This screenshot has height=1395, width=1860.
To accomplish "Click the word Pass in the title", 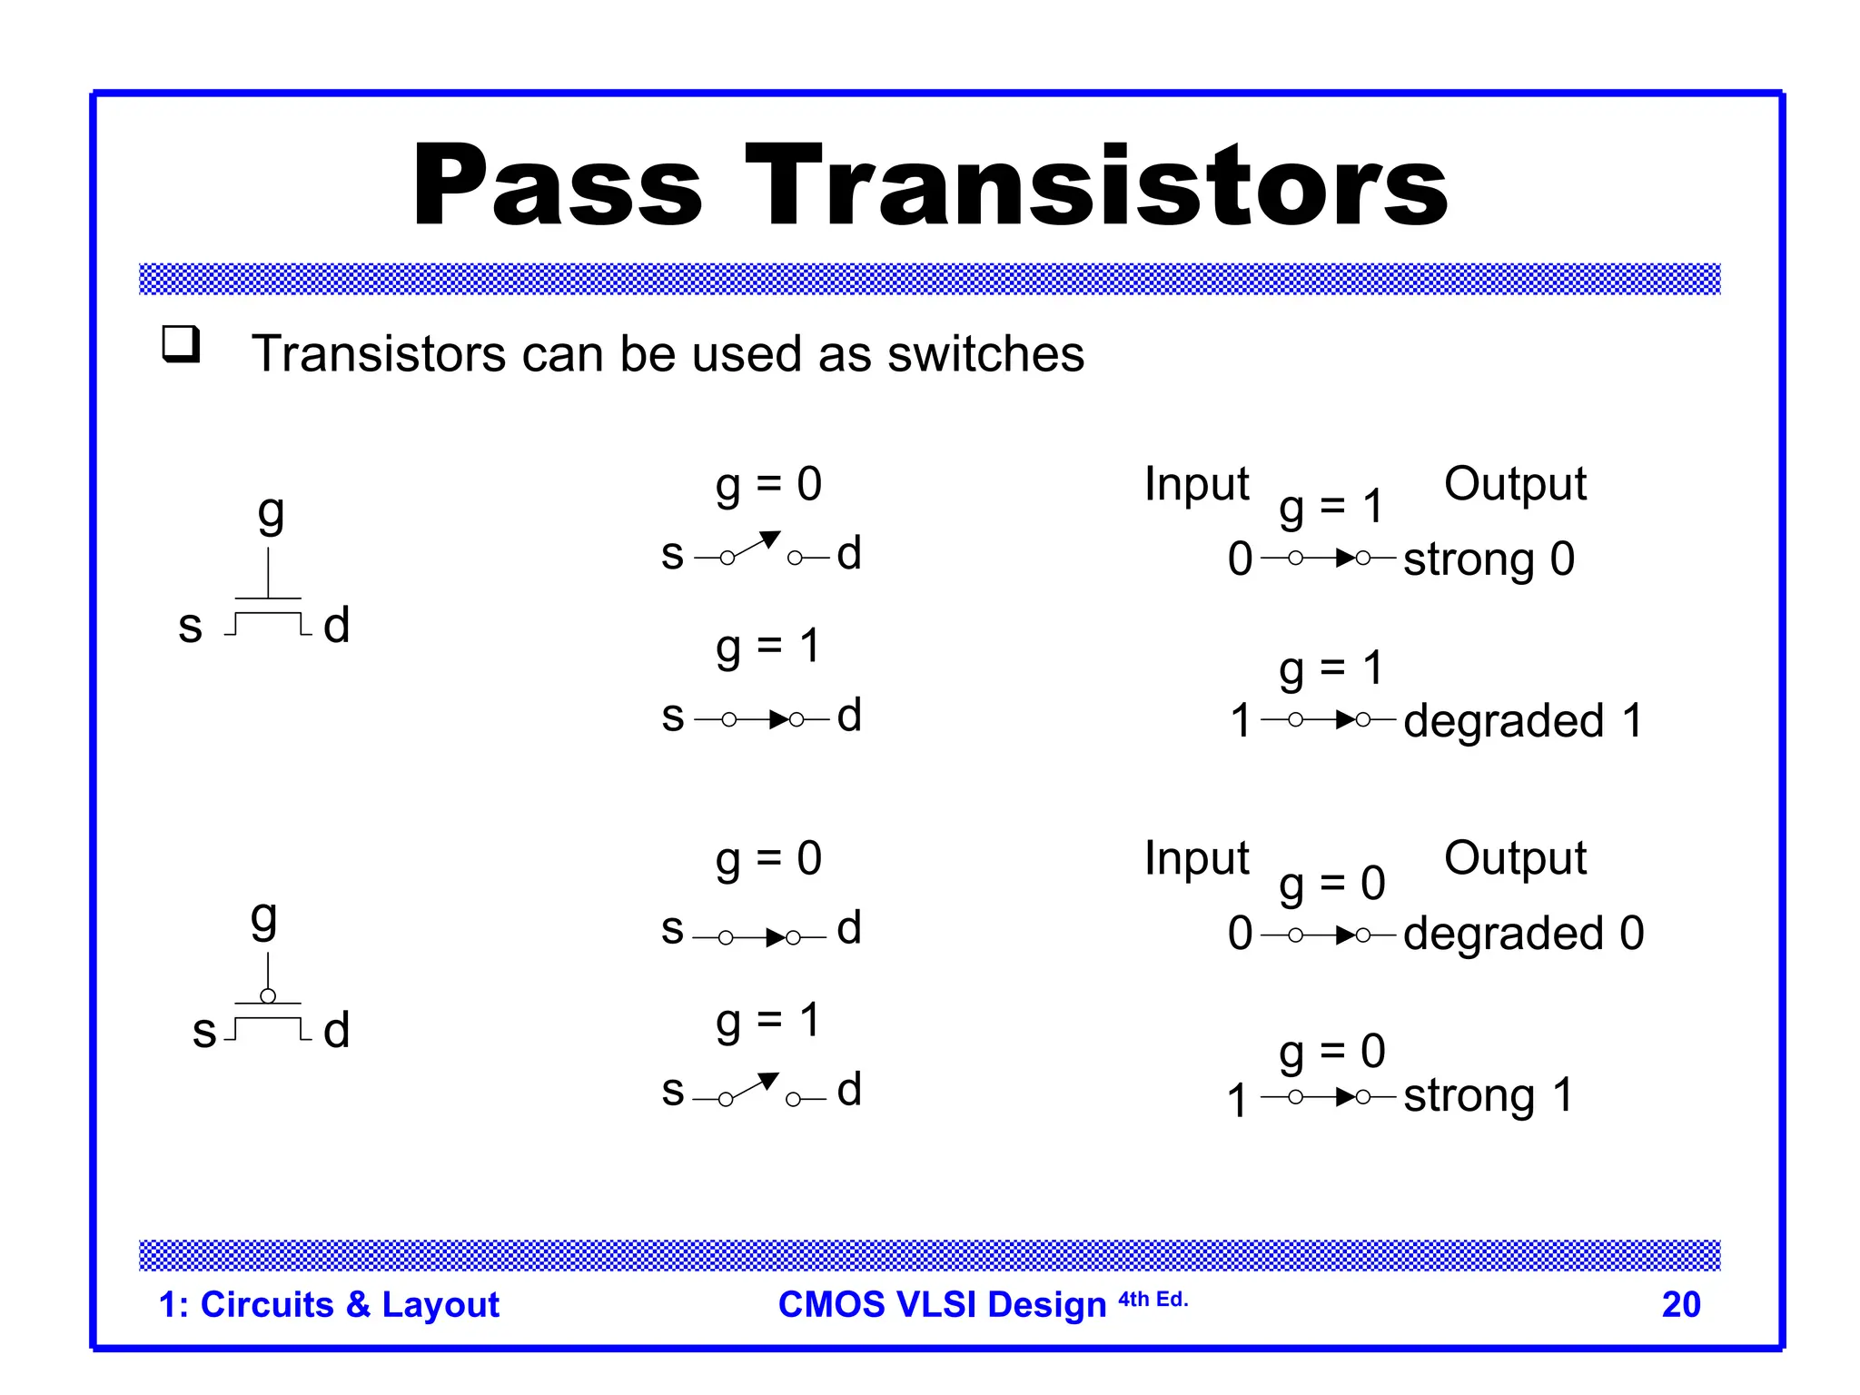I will [x=557, y=186].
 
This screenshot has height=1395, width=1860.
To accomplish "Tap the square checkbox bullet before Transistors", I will [x=181, y=344].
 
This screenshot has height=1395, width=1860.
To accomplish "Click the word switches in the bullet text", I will [x=985, y=353].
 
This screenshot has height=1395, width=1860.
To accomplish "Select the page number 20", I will [x=1680, y=1304].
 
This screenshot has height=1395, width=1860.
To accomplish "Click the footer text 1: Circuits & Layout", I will [x=329, y=1304].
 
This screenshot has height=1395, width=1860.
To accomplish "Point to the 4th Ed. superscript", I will [x=1153, y=1300].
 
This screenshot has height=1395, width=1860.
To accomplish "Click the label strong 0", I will [x=1489, y=559].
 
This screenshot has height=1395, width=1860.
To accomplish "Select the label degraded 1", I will [x=1523, y=721].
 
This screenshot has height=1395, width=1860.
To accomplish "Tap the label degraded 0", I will [x=1523, y=934].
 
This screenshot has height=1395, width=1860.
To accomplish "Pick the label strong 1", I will [x=1488, y=1095].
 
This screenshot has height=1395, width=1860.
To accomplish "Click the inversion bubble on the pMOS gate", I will [x=268, y=996].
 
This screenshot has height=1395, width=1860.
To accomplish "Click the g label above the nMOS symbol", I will [x=271, y=513].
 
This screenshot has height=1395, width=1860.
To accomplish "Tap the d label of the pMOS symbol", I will [x=337, y=1030].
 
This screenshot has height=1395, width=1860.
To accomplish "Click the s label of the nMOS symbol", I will [x=190, y=626].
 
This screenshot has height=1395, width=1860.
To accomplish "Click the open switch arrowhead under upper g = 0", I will [x=770, y=539].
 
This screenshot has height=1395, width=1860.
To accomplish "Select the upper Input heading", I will [x=1196, y=483].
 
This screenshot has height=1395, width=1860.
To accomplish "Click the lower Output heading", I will [x=1515, y=857].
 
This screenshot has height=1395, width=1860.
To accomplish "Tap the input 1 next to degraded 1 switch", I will [x=1241, y=721].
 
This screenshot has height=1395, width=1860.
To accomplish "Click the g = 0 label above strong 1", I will [x=1331, y=1052].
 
